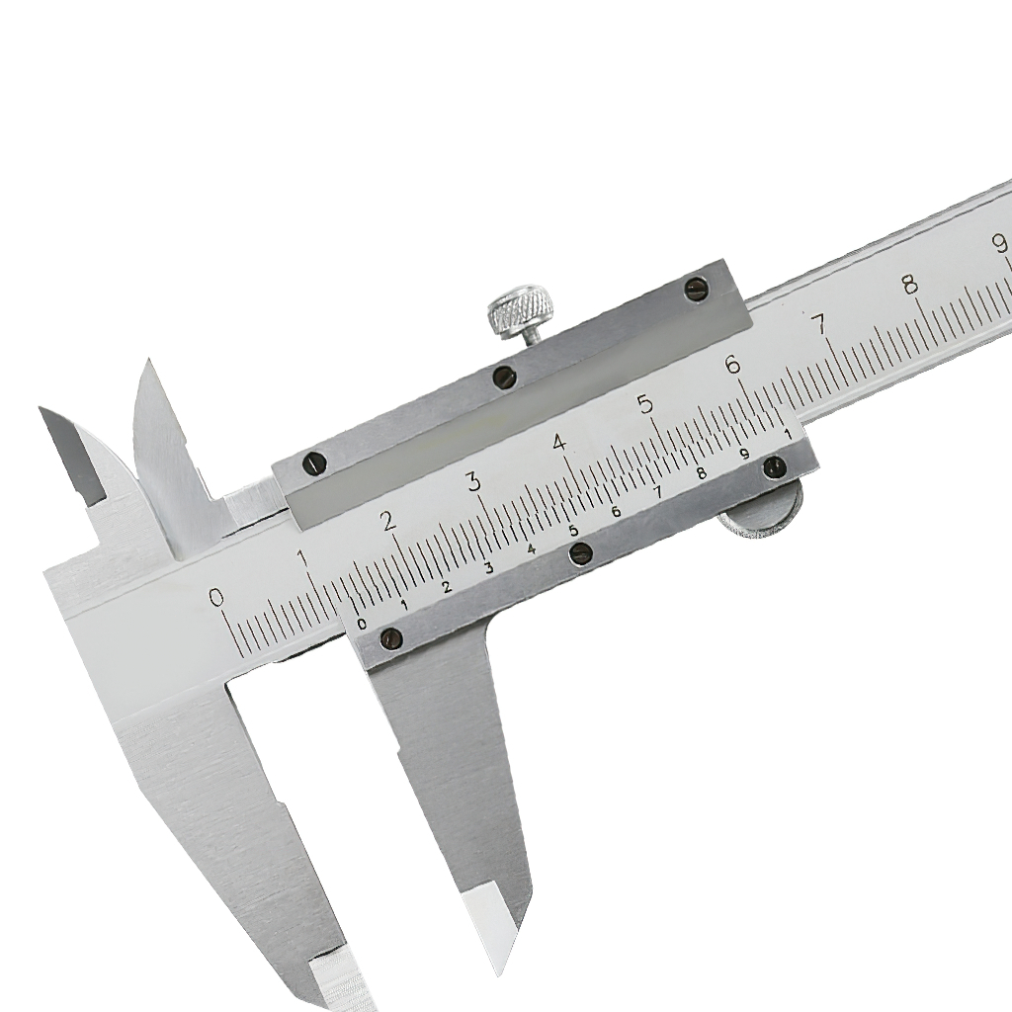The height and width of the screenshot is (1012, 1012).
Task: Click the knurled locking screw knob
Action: (x=520, y=312)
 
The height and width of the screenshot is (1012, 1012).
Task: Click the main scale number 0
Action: (x=217, y=598)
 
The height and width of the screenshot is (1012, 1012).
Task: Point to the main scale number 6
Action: (x=733, y=366)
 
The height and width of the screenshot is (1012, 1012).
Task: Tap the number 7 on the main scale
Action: (x=819, y=323)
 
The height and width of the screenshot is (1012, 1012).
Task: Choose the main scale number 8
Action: (x=910, y=284)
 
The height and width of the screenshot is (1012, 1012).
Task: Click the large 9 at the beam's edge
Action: (x=999, y=243)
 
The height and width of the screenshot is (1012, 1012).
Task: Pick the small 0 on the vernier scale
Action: (x=362, y=624)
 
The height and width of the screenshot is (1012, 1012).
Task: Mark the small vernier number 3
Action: (x=488, y=568)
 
